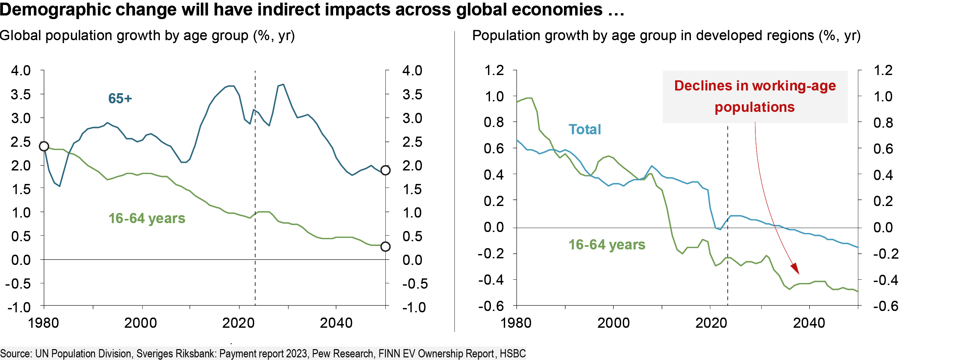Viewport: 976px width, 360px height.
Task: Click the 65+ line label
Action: [120, 98]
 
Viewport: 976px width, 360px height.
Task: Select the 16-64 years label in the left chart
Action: [147, 218]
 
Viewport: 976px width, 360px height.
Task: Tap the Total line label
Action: [584, 130]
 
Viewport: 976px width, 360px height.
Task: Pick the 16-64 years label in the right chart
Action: [607, 245]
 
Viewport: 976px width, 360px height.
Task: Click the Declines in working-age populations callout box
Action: [755, 97]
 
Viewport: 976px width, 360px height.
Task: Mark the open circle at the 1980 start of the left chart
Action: [44, 146]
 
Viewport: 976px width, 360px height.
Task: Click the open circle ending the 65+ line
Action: [385, 170]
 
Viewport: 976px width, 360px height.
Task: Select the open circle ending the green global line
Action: [385, 247]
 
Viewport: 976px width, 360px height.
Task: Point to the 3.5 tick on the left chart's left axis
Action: [21, 94]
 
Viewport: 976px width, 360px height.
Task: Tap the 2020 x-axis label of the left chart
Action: [238, 323]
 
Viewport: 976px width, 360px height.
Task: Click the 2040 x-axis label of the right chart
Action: [809, 323]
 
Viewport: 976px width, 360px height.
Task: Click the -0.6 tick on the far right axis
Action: [886, 306]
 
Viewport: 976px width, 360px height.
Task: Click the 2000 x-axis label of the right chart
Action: [613, 323]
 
